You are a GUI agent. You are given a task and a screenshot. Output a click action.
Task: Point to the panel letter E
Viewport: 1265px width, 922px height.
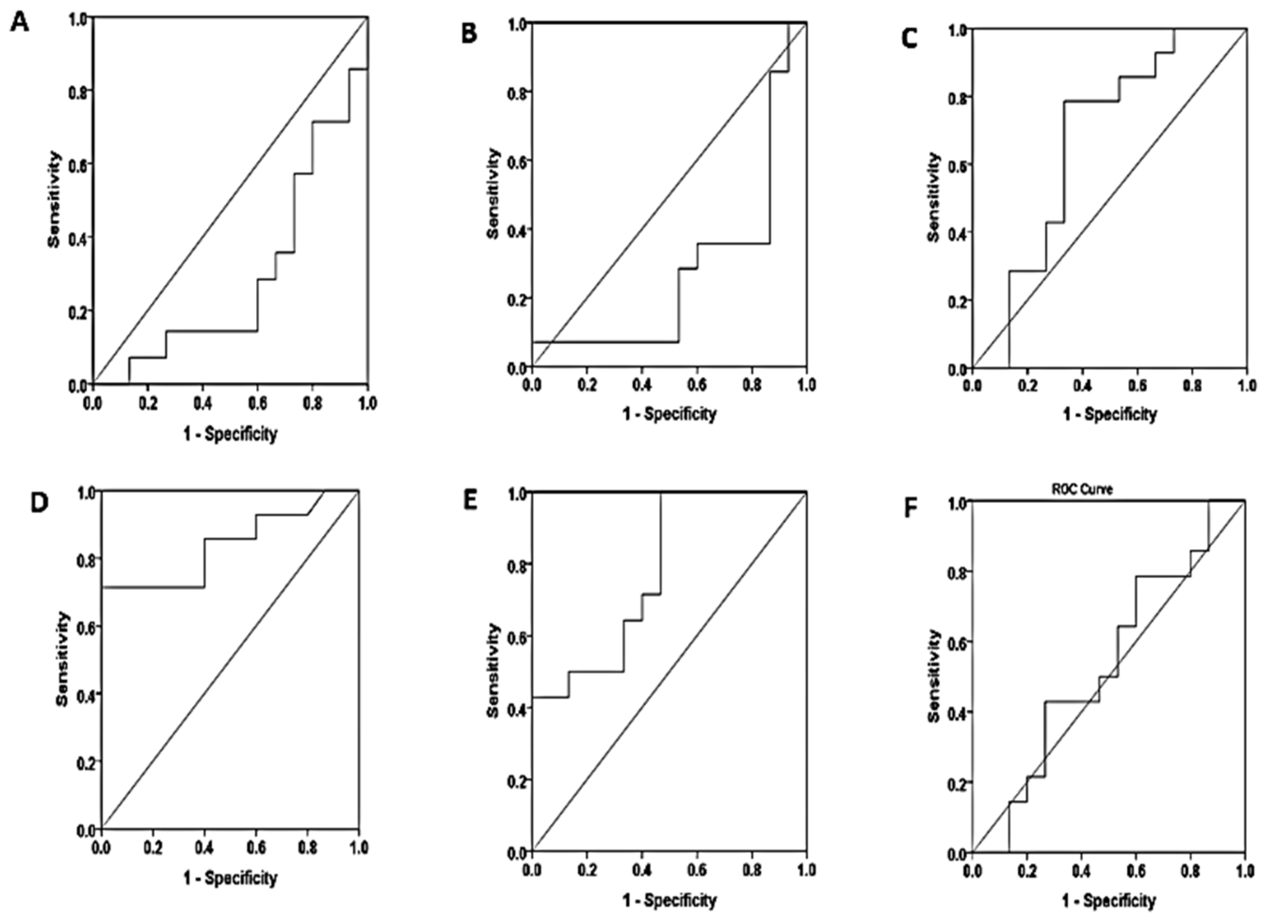[x=470, y=501]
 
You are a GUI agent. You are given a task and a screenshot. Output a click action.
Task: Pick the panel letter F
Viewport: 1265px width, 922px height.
[x=911, y=508]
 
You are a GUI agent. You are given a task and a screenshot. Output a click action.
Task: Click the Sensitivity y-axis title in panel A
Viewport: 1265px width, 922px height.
[x=54, y=199]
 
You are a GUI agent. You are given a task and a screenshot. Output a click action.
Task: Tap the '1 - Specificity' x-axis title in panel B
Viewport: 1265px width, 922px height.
[x=669, y=414]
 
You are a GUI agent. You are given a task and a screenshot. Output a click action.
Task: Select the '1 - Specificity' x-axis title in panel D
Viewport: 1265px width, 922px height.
[x=230, y=877]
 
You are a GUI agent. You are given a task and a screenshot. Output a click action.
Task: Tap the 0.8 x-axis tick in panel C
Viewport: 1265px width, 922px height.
[x=1192, y=386]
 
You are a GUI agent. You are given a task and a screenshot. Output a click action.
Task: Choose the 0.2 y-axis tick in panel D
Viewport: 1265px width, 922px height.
[x=85, y=761]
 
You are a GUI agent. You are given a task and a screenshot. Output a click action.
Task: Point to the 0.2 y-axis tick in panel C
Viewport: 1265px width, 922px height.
[x=956, y=301]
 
